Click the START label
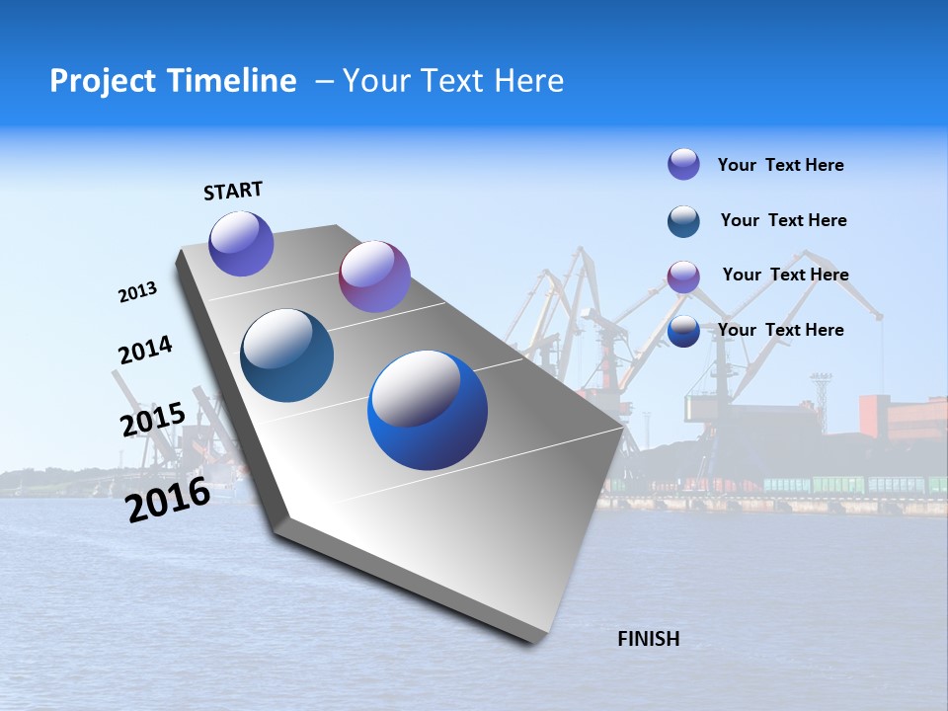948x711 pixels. click(x=233, y=191)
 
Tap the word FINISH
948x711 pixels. click(x=648, y=639)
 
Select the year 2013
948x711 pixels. click(x=137, y=292)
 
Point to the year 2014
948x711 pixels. click(x=145, y=350)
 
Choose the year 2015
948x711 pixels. click(x=152, y=420)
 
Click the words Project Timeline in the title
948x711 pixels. click(x=173, y=81)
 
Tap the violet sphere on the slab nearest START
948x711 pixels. click(x=241, y=244)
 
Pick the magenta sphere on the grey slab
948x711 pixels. click(x=374, y=276)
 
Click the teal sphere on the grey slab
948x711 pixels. click(x=287, y=355)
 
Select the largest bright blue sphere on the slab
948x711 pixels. click(x=428, y=410)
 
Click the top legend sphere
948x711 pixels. click(x=683, y=164)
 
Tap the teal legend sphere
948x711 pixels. click(x=683, y=221)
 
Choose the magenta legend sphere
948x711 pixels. click(x=683, y=276)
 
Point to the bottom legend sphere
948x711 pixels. click(x=683, y=332)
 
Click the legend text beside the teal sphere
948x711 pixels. click(x=783, y=220)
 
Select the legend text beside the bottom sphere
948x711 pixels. click(x=780, y=330)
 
